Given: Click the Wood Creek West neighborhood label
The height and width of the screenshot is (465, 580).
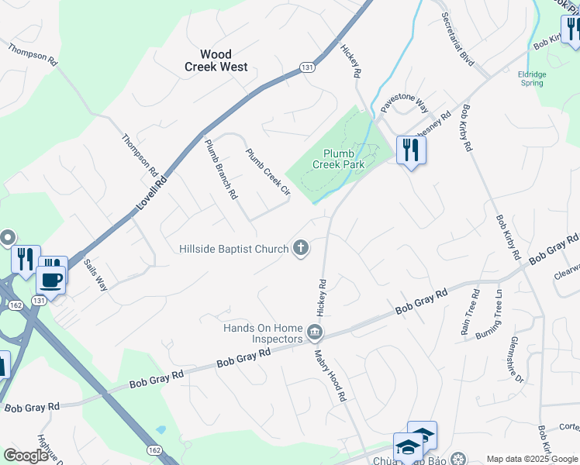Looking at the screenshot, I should tap(216, 60).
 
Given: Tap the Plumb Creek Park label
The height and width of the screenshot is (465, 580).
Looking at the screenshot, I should tap(338, 159).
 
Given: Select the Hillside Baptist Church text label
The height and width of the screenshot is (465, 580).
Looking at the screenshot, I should tap(233, 249).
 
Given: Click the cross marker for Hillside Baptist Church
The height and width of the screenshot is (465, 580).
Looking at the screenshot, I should tap(301, 249).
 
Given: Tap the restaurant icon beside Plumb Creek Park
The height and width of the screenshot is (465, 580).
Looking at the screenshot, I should tap(411, 149).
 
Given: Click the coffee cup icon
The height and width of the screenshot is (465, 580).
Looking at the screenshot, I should tap(51, 280).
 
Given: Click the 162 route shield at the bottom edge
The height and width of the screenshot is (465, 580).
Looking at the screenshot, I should tap(154, 449).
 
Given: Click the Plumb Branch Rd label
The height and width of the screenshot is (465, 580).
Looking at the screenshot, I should tap(220, 169).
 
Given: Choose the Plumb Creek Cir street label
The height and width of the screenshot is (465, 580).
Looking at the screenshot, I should tap(268, 171).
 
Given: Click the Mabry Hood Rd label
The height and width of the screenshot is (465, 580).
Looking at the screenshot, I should tap(330, 375).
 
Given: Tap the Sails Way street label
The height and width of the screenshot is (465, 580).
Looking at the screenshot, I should tap(95, 274).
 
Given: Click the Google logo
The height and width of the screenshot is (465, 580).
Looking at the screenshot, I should tap(26, 456).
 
